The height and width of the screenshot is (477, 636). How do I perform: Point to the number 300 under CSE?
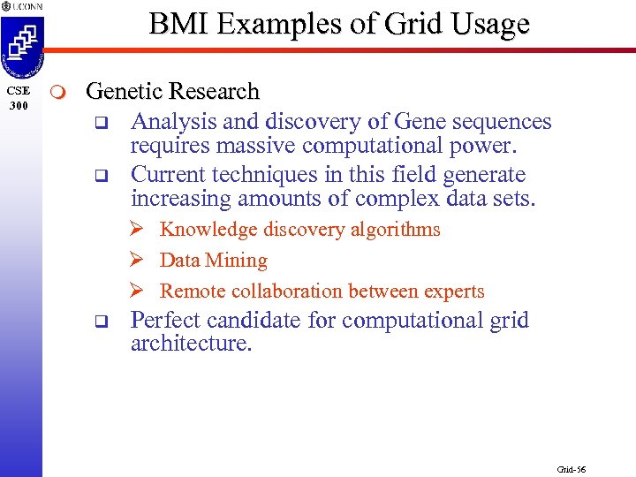point(19,106)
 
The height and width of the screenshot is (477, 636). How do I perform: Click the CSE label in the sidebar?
point(19,91)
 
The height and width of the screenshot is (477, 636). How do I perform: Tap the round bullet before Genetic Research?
point(57,93)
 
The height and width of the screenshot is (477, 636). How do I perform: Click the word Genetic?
point(123,92)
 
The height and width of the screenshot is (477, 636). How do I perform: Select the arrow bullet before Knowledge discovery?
point(137,230)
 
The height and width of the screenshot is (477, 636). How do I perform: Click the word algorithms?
point(397,230)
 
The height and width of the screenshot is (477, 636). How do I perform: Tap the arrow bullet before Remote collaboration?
point(137,291)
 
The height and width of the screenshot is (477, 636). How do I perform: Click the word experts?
point(452,291)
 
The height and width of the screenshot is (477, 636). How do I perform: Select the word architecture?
point(191,343)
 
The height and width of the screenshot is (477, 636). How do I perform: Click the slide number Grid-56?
point(571,469)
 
